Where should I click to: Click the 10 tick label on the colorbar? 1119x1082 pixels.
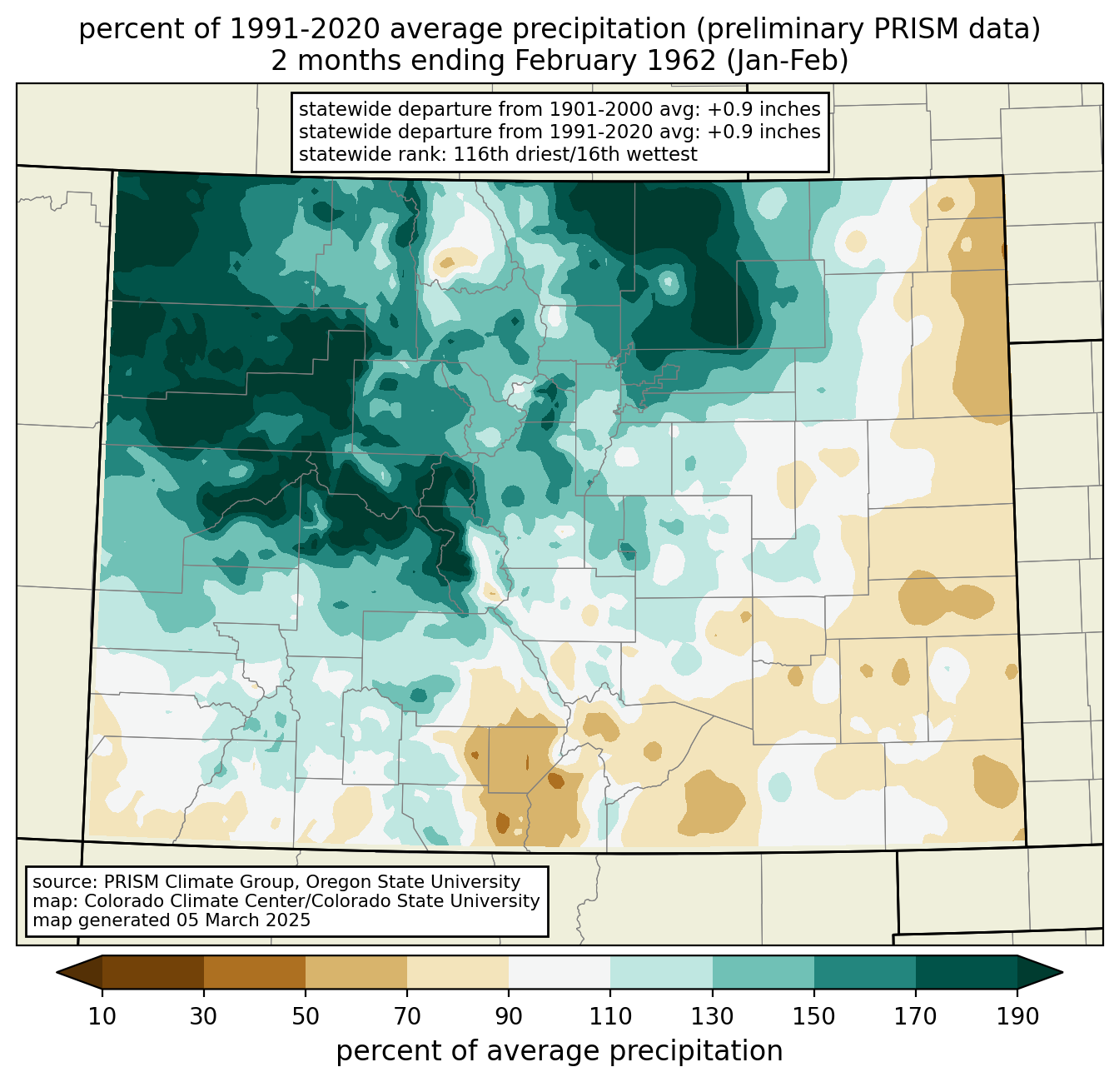coord(102,1017)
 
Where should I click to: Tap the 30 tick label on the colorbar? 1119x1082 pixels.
coord(204,1017)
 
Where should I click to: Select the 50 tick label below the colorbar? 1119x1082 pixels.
coord(306,1017)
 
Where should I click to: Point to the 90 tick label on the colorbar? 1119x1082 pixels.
coord(509,1017)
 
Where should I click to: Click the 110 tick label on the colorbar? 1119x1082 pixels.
coord(610,1017)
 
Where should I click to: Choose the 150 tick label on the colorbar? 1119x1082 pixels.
coord(814,1017)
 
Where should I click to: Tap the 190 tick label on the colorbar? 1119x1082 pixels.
coord(1017,1017)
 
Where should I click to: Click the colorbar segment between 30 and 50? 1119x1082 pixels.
coord(255,972)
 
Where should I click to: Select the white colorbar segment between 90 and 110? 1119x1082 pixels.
coord(559,972)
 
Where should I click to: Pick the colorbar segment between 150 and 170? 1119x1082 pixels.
coord(865,972)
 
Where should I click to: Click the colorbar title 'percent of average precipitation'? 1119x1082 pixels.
coord(559,1051)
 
